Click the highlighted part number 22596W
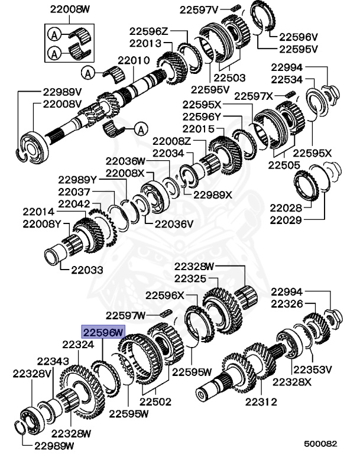(x=102, y=333)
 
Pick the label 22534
(x=288, y=79)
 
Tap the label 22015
(x=199, y=128)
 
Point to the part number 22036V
(x=174, y=223)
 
